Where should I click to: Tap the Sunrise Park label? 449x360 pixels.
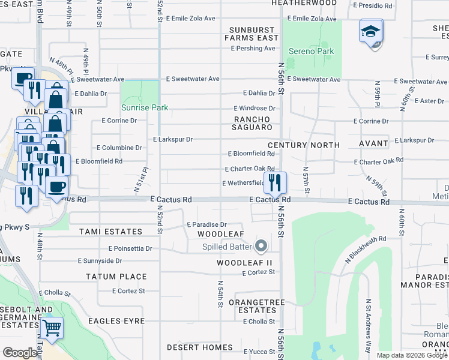point(145,108)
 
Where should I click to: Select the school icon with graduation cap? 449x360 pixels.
point(371,31)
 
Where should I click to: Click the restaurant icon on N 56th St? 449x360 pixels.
point(276,183)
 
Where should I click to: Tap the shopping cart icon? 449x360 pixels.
point(52,328)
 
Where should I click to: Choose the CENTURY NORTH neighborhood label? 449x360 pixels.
point(304,145)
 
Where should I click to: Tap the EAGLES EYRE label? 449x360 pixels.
point(116,321)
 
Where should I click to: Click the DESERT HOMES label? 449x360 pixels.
point(200,347)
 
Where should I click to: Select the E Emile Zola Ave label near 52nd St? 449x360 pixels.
point(190,19)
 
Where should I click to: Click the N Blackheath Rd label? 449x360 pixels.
point(365,249)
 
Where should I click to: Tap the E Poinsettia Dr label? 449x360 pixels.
point(130,248)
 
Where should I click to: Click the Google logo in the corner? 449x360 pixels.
point(20,353)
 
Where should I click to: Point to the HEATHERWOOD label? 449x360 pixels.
point(304,3)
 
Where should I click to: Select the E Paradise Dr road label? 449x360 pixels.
point(206,224)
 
